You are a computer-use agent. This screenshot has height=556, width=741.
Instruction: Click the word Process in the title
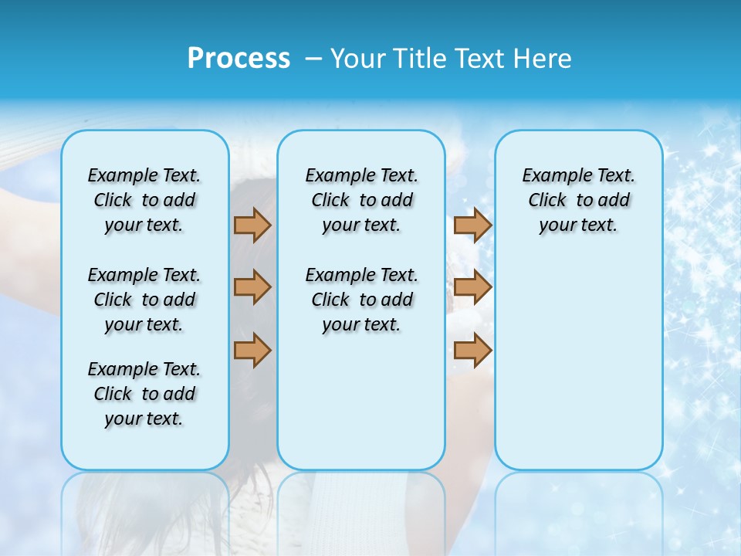point(239,59)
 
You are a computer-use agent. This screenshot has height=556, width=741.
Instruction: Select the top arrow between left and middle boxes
point(252,225)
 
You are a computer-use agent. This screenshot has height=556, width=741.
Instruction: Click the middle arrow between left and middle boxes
point(252,287)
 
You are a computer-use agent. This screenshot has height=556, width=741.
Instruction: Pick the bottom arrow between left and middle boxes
point(252,350)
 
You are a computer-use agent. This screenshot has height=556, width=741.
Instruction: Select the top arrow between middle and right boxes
point(472,225)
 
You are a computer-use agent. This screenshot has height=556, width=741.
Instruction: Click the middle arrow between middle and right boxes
point(472,287)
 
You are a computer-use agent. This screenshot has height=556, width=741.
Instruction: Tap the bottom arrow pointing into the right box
point(472,350)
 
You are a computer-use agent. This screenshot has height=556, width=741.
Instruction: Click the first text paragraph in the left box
point(144,200)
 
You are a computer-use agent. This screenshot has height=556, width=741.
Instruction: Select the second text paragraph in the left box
point(144,300)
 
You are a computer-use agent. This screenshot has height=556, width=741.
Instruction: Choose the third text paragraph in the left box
point(144,394)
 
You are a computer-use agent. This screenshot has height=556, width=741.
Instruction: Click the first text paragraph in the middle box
point(361,200)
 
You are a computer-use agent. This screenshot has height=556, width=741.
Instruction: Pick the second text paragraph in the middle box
point(361,300)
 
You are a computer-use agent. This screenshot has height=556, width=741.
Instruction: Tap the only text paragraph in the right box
point(578,200)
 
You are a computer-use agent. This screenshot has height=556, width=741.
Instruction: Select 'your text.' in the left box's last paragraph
point(144,419)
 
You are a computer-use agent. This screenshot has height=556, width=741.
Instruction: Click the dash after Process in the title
point(313,59)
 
